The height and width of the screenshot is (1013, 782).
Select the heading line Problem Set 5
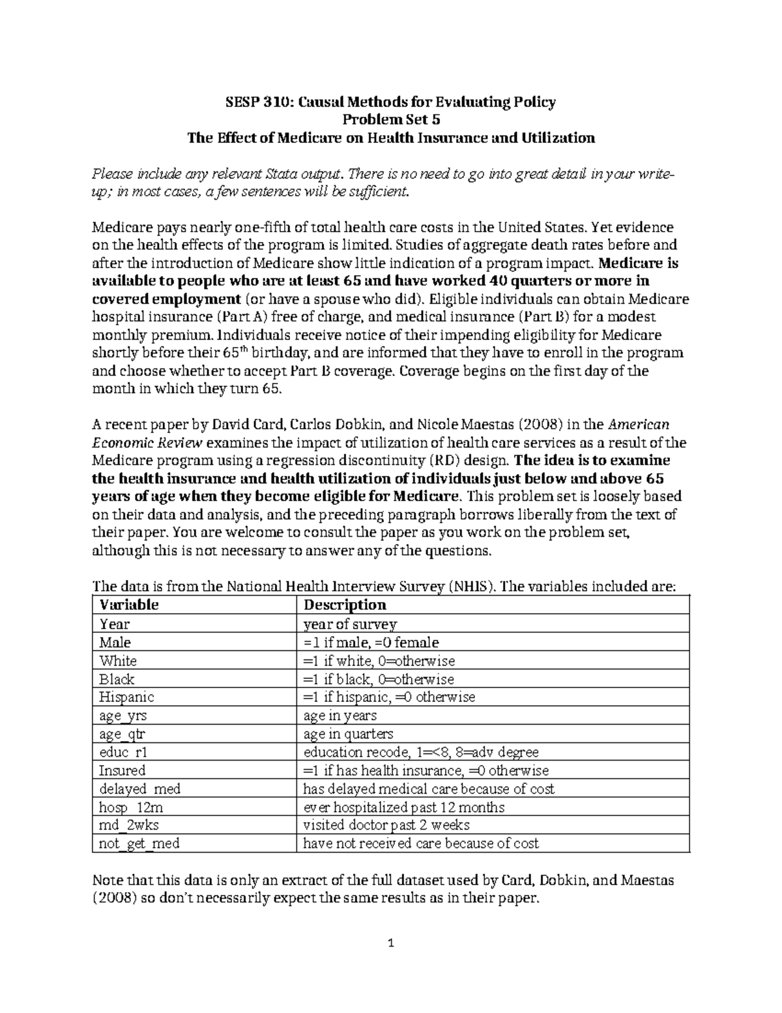pyautogui.click(x=391, y=120)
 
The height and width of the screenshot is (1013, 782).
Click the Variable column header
pyautogui.click(x=128, y=605)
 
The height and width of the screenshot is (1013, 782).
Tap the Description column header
pyautogui.click(x=345, y=605)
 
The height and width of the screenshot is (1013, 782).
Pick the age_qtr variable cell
pyautogui.click(x=122, y=734)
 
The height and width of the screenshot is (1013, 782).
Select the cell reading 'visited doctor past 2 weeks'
pyautogui.click(x=386, y=825)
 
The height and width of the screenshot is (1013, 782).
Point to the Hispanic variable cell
pyautogui.click(x=126, y=697)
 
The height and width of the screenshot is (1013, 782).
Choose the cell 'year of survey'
pyautogui.click(x=351, y=624)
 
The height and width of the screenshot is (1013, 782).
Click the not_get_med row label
pyautogui.click(x=139, y=843)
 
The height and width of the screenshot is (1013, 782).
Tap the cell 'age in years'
pyautogui.click(x=340, y=716)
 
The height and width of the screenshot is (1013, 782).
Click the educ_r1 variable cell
pyautogui.click(x=123, y=752)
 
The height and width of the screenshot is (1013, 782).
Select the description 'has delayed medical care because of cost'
pyautogui.click(x=429, y=789)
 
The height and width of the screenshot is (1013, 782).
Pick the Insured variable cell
pyautogui.click(x=122, y=770)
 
